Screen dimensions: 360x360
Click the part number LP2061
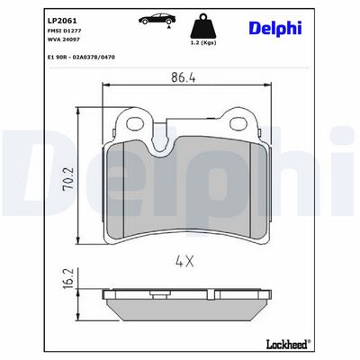62,21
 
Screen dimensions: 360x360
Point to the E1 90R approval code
81,57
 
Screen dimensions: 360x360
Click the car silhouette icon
157,19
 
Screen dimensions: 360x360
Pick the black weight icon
203,25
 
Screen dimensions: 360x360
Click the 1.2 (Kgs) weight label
203,42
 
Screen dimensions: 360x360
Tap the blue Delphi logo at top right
274,29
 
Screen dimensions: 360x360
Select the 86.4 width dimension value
184,77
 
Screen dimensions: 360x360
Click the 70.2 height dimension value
67,179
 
